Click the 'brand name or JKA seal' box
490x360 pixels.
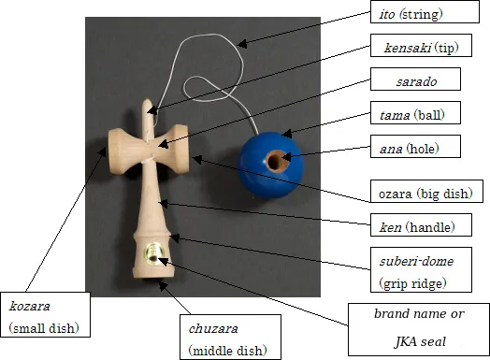[417, 328]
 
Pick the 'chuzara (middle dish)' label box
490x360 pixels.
[228, 339]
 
